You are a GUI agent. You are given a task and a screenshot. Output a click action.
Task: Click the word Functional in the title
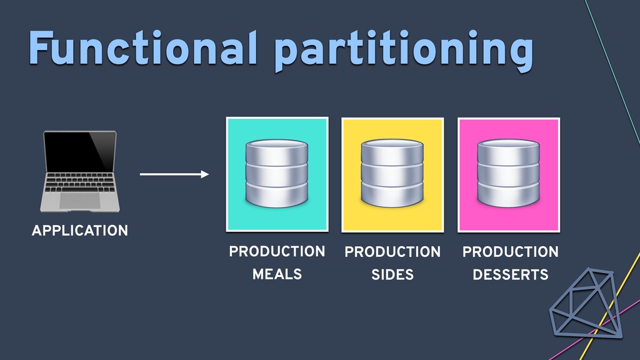coord(143,47)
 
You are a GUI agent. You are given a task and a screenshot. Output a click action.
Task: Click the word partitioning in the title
coord(404,51)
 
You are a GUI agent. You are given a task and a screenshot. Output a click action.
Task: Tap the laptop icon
coord(80,171)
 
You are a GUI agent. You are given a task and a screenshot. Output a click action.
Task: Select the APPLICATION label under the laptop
coord(80,231)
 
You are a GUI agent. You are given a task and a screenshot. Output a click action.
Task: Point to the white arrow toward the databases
coord(174,174)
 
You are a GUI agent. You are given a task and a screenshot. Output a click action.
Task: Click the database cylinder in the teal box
coord(277,173)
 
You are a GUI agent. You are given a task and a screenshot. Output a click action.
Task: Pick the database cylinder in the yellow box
coord(392,173)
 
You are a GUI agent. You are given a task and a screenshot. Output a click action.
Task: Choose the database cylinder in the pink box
coord(509,173)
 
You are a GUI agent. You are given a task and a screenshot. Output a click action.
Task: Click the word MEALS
coord(277,274)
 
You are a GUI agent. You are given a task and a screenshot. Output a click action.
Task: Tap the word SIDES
coord(392,275)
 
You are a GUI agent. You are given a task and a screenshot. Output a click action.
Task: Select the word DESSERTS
coord(511,275)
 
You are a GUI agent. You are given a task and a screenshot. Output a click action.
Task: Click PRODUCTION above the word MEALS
coord(277,251)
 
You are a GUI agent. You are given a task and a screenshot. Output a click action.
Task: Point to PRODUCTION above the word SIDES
coord(392,252)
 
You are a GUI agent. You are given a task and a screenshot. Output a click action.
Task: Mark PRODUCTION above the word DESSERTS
coord(511,252)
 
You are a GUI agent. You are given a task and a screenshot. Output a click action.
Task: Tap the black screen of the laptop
coord(80,152)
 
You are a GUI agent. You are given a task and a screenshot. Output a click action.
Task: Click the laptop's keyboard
coord(80,182)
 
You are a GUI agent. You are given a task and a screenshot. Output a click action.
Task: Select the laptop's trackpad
coord(80,201)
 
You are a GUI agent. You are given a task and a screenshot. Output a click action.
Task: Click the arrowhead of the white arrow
coord(204,174)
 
